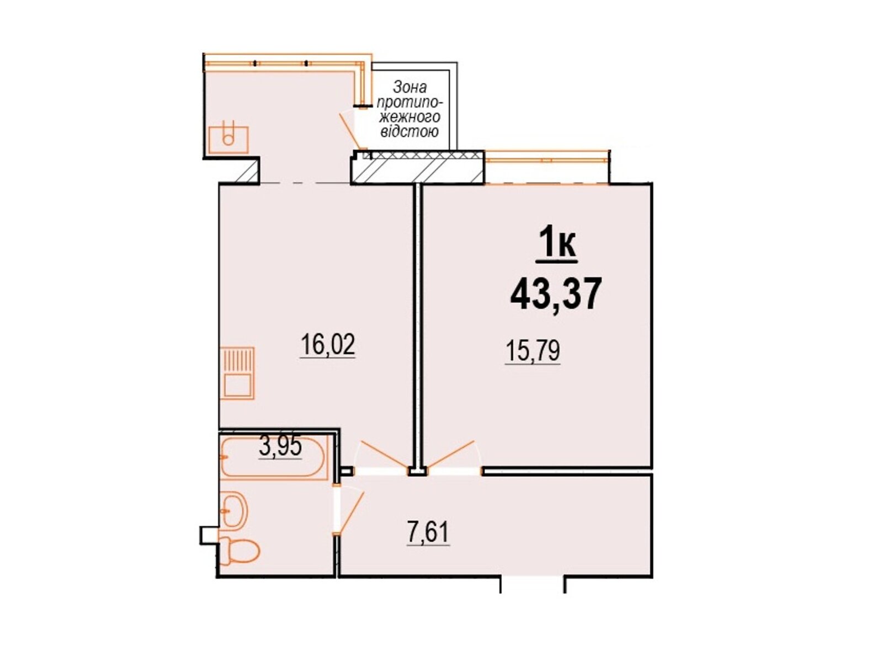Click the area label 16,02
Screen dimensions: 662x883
click(x=328, y=346)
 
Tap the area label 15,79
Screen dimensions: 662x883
click(x=533, y=351)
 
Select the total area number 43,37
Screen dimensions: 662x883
click(x=555, y=294)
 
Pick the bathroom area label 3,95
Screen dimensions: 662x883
click(x=280, y=447)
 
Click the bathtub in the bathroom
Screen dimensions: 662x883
click(x=274, y=457)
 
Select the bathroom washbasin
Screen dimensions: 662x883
click(x=234, y=511)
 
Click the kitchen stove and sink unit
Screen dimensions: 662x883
click(x=238, y=373)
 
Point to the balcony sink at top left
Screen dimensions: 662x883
click(x=228, y=139)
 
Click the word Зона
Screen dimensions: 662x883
click(x=409, y=87)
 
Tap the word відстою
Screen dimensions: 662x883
click(x=408, y=132)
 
